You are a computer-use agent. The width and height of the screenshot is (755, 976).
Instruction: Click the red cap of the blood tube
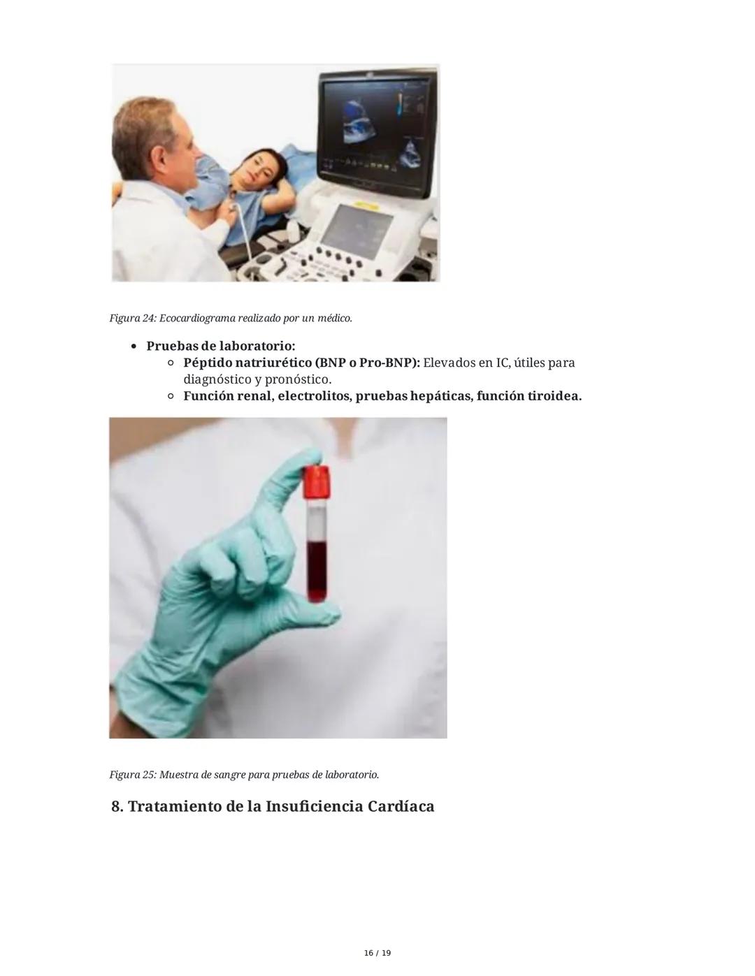316,482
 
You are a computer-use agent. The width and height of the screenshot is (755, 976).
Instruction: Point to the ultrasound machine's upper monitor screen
373,132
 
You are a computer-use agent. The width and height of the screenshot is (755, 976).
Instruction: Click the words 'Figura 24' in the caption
132,319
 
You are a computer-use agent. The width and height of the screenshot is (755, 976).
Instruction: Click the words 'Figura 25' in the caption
132,775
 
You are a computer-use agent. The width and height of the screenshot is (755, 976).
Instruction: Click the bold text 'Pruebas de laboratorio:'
221,346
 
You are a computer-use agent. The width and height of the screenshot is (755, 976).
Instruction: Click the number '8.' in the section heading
117,806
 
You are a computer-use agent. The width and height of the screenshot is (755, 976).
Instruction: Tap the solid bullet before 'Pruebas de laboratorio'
133,347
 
